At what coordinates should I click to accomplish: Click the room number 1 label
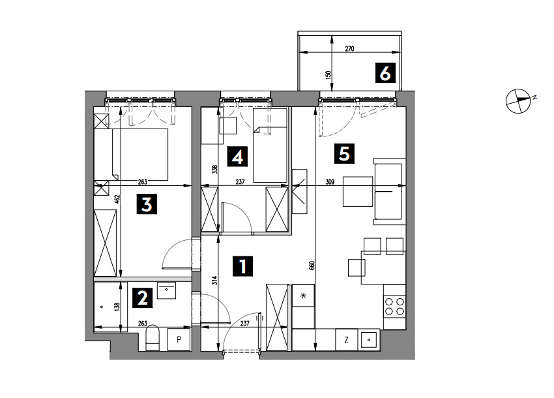tap(242, 266)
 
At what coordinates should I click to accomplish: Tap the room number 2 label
tap(142, 298)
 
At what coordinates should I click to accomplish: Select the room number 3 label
tap(147, 204)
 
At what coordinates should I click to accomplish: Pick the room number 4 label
tap(237, 157)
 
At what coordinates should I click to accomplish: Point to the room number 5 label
tap(344, 153)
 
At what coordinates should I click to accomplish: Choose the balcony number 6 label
tap(385, 73)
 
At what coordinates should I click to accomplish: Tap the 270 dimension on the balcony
tap(349, 49)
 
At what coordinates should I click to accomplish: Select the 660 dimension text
tap(312, 266)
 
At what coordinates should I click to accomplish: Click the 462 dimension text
tap(118, 199)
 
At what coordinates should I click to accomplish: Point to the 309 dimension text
tap(330, 182)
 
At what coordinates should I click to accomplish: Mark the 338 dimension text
tap(214, 170)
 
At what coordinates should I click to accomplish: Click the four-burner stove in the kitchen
tap(395, 307)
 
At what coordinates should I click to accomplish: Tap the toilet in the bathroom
tap(153, 338)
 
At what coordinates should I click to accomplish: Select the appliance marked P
tap(179, 340)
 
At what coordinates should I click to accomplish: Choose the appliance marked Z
tap(346, 340)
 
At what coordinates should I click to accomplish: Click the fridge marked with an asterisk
tap(303, 296)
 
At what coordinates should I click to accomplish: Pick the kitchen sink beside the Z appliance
tap(369, 340)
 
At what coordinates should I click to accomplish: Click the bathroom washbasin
tap(166, 290)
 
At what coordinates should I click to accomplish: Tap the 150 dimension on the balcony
tap(328, 75)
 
